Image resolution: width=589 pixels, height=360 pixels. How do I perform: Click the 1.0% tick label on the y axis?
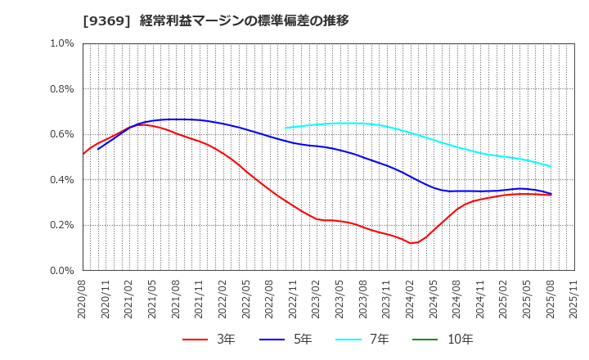(61, 43)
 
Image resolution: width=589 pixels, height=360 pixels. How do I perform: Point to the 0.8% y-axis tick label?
(61, 88)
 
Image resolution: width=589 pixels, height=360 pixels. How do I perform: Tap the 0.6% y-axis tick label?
(61, 134)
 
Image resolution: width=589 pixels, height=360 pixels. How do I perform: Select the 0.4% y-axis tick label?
(61, 179)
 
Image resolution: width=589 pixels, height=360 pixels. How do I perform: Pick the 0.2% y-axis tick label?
(61, 225)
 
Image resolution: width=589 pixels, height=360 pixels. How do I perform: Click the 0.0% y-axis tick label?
(61, 271)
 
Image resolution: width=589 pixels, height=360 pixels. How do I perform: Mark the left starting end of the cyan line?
(285, 128)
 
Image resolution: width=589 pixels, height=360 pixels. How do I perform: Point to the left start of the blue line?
(98, 149)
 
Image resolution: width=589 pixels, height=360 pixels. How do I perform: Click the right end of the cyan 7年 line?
(551, 166)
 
